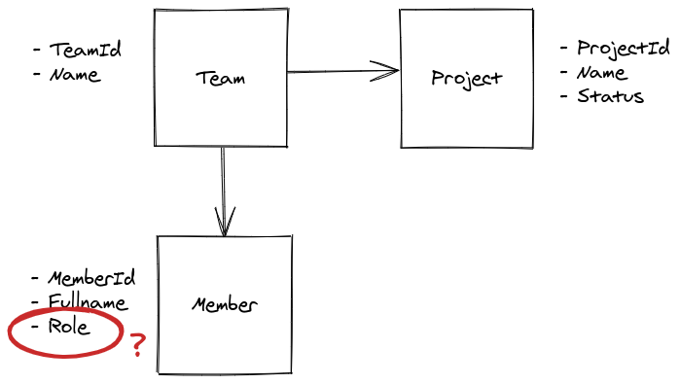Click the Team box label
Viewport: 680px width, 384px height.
pos(220,79)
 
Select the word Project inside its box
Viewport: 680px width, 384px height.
pos(466,79)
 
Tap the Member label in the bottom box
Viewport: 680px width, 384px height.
pos(225,305)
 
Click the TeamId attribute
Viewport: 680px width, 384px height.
pos(86,50)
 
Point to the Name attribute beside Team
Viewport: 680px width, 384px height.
pos(74,74)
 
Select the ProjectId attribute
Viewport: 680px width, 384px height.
pos(623,49)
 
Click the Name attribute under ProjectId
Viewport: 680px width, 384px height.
pos(601,73)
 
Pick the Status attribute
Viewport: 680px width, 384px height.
pos(610,96)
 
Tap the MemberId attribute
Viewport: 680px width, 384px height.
pos(91,279)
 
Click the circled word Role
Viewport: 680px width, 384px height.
pos(69,327)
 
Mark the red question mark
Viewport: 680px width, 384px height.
pos(137,344)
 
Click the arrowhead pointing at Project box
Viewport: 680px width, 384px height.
pos(390,70)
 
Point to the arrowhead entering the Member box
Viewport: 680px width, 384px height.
pos(225,226)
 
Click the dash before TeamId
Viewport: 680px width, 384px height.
pos(37,50)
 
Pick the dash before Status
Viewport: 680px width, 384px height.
pos(564,96)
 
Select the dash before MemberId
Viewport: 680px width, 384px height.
pos(36,279)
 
